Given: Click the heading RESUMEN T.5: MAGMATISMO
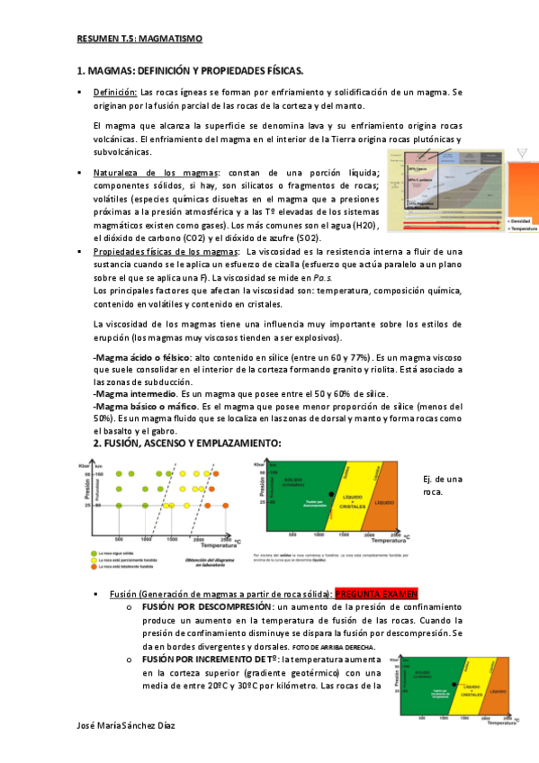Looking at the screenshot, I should click(139, 39).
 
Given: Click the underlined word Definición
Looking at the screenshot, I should click(114, 92).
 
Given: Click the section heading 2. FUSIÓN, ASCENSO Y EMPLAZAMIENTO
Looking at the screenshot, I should click(188, 444).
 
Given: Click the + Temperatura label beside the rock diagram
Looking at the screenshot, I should click(522, 229).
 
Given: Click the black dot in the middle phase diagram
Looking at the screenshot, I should click(333, 494).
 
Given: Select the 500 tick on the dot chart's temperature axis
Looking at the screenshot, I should click(118, 539).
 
